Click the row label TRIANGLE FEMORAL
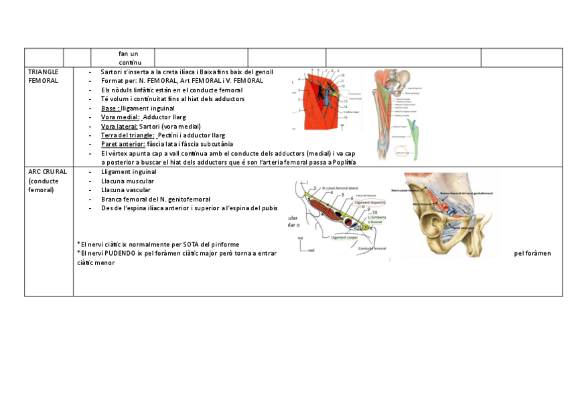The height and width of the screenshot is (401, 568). (x=43, y=76)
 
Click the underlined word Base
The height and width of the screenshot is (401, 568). (x=110, y=108)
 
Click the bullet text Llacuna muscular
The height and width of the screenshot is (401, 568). (x=127, y=181)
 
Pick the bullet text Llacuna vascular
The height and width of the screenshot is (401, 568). (x=126, y=190)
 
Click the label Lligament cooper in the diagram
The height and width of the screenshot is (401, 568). (x=348, y=237)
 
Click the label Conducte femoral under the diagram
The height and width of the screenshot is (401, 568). (x=373, y=248)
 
